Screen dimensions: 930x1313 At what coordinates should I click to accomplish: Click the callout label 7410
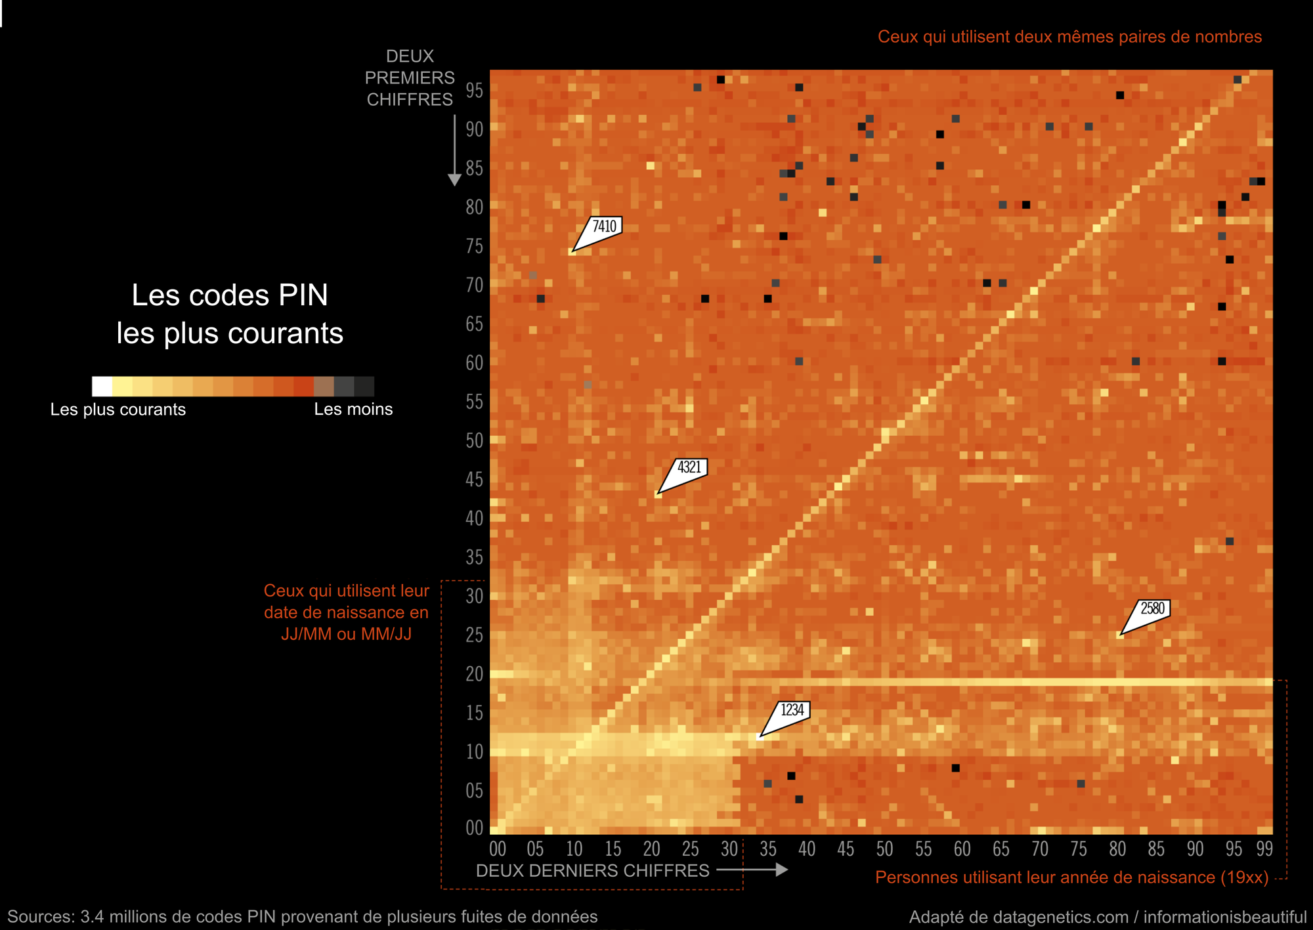[x=604, y=226]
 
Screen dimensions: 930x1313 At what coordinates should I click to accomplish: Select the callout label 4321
[x=689, y=467]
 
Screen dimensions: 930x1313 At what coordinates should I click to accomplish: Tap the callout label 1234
[x=792, y=710]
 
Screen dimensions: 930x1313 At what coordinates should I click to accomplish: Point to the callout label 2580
[x=1152, y=608]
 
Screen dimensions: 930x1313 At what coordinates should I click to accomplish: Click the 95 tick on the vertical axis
[x=474, y=91]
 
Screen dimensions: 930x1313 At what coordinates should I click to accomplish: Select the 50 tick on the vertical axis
[x=474, y=440]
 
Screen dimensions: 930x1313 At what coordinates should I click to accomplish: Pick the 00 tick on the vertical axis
[x=474, y=828]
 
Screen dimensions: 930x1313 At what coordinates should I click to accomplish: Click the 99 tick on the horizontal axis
[x=1264, y=849]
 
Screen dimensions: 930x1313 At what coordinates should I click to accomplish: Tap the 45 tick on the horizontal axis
[x=846, y=849]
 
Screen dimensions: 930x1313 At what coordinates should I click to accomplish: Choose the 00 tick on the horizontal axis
[x=498, y=849]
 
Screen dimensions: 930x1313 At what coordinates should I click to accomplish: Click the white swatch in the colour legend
[x=102, y=387]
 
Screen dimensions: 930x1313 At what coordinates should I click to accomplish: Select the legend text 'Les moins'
[x=353, y=410]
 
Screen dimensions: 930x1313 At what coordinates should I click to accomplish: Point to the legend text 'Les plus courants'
[x=118, y=410]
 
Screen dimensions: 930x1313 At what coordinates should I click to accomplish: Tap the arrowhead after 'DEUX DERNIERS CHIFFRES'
[x=781, y=870]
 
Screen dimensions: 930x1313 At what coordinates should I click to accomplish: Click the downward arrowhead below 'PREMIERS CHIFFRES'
[x=454, y=180]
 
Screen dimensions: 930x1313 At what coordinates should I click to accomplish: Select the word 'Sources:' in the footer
[x=41, y=917]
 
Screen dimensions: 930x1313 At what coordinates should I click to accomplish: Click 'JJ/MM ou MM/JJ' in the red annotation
[x=346, y=634]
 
